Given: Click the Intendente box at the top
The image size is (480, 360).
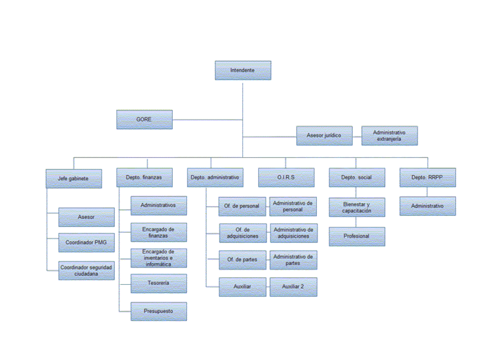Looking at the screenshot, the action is [243, 70].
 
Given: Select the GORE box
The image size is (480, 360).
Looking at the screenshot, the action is [145, 120].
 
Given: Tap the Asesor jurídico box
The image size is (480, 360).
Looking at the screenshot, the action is [324, 135].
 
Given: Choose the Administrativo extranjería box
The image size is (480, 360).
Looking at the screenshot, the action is [389, 135].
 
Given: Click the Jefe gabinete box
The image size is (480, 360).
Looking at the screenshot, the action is [74, 178].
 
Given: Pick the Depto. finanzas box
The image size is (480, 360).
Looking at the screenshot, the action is [145, 178].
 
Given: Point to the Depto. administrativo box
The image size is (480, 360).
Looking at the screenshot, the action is [215, 178].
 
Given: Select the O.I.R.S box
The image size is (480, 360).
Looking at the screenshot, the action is [286, 178].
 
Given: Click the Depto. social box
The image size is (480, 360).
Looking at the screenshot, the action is [357, 178].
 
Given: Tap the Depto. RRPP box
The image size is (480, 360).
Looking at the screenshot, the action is [428, 178].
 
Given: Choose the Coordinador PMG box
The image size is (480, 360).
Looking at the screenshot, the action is [87, 243].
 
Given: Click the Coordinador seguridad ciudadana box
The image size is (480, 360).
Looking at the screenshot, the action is [87, 271].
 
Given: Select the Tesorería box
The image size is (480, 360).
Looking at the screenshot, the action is [159, 283].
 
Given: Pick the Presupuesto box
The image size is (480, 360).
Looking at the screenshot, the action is [159, 312].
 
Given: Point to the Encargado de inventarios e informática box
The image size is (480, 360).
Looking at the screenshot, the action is [159, 258].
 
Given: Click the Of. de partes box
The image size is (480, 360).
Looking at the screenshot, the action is [242, 260].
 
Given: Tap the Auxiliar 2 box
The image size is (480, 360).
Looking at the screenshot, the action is [293, 287].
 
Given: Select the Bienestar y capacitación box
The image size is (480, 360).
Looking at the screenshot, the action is [357, 207].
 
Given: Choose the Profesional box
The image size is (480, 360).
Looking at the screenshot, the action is [357, 236].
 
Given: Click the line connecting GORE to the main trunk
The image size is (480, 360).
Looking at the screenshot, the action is [208, 120].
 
